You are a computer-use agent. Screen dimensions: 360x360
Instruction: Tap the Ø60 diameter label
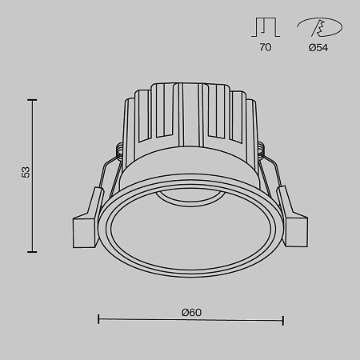pos(190,311)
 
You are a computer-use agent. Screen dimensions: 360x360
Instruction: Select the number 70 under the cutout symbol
pos(266,48)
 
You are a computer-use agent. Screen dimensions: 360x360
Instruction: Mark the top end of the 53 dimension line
pos(33,100)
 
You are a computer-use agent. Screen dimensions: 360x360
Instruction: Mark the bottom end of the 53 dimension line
pos(33,251)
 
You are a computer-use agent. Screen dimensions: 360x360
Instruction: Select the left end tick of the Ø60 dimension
pos(98,320)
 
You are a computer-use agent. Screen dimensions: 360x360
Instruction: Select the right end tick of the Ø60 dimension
pos(283,320)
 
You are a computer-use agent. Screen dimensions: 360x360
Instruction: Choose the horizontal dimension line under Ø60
pos(190,320)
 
